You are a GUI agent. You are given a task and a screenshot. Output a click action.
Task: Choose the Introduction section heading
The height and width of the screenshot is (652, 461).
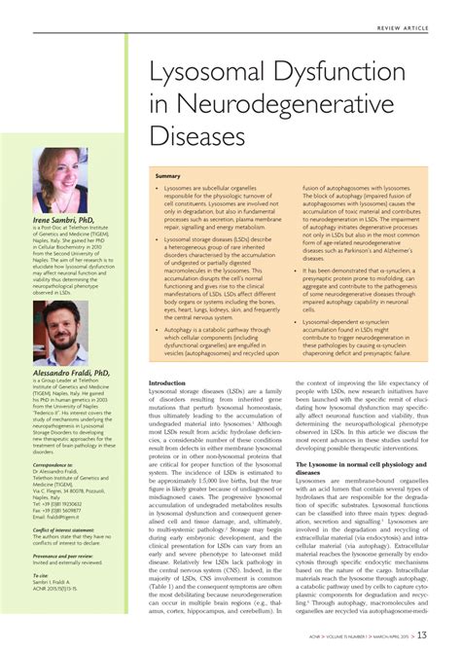166,382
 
